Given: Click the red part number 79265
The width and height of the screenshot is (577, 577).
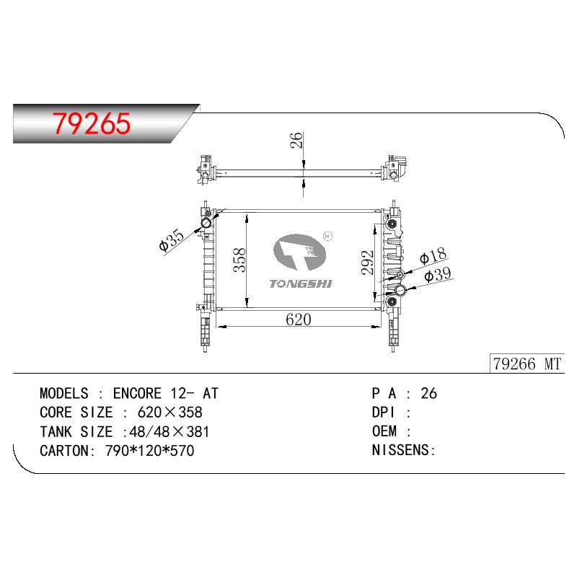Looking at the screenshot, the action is tap(92, 123).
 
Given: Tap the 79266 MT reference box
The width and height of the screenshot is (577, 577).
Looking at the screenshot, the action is tap(527, 364).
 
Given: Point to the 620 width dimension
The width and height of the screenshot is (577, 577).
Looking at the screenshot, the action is tap(298, 320).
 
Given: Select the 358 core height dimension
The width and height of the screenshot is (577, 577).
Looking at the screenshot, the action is tap(239, 260).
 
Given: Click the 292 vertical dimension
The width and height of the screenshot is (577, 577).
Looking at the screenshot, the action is tap(367, 263).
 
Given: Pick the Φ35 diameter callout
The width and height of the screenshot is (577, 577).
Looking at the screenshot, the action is tap(171, 240).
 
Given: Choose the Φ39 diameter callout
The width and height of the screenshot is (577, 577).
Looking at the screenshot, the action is tap(438, 275).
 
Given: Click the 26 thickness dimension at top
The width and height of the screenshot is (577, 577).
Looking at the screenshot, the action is tap(296, 140).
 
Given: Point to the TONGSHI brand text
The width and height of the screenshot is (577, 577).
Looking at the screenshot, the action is tap(301, 283).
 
